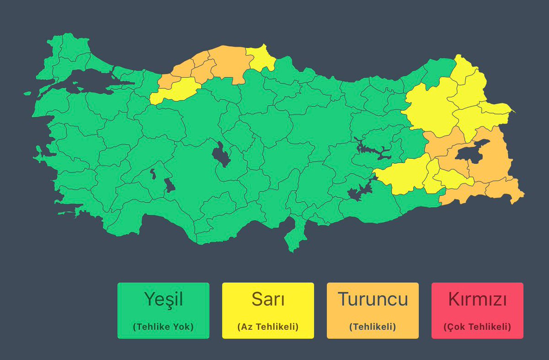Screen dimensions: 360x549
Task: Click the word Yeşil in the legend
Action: tap(163, 300)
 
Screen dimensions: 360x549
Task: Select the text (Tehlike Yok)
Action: tap(163, 327)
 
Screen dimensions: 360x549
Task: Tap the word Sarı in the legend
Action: tap(268, 300)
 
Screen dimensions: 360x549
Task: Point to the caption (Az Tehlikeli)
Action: tap(268, 327)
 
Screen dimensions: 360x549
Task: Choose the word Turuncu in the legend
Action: tap(372, 300)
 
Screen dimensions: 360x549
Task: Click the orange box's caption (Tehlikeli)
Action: tap(372, 327)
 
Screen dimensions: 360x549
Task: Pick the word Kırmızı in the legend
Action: tap(477, 300)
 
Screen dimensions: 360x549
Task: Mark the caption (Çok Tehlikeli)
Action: tap(477, 327)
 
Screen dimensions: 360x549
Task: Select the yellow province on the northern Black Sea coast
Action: tap(262, 59)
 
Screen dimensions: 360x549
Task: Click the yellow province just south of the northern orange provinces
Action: tap(176, 89)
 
